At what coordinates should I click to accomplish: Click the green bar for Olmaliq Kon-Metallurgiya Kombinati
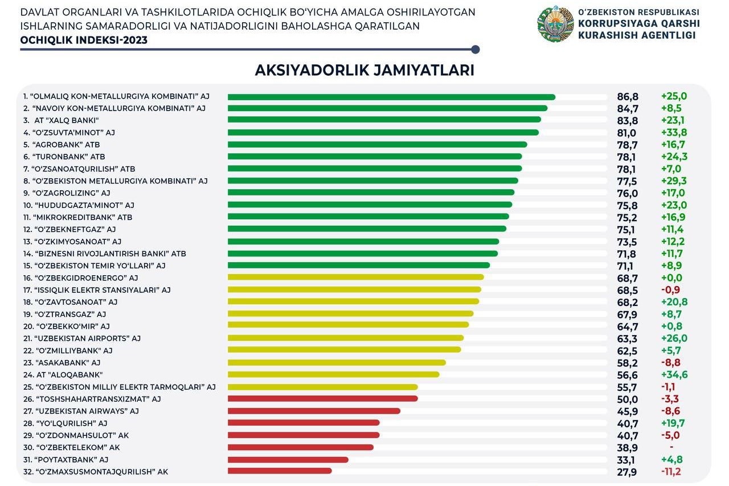click(391, 97)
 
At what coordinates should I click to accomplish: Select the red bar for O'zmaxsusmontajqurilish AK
click(280, 471)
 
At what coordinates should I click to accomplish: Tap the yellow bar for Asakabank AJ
click(337, 362)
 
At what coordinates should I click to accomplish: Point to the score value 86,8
click(628, 97)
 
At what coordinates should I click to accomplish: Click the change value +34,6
click(674, 375)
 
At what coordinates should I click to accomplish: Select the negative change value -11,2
click(671, 472)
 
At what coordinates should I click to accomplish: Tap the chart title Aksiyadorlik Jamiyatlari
click(364, 70)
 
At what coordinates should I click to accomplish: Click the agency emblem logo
click(555, 24)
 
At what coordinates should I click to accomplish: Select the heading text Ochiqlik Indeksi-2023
click(84, 40)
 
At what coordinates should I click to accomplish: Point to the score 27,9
click(627, 472)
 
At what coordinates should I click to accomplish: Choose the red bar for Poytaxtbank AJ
click(288, 459)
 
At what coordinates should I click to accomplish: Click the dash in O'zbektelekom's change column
click(671, 448)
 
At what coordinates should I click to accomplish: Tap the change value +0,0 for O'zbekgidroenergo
click(671, 278)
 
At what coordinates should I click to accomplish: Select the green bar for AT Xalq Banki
click(384, 120)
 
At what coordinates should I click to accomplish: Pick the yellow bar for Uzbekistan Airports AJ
click(346, 338)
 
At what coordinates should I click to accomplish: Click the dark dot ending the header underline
click(476, 50)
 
